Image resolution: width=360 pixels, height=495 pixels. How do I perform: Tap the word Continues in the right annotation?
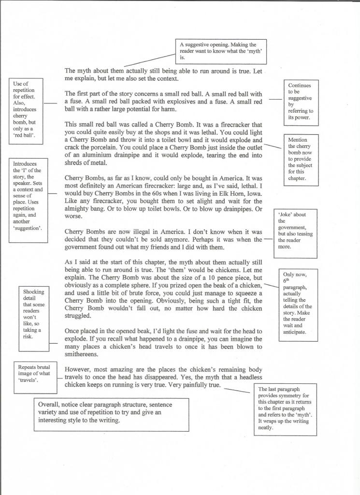[x=300, y=86]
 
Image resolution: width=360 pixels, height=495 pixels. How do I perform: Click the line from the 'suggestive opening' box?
[x=150, y=60]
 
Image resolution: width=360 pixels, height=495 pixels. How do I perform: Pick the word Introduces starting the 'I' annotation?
[x=25, y=164]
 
